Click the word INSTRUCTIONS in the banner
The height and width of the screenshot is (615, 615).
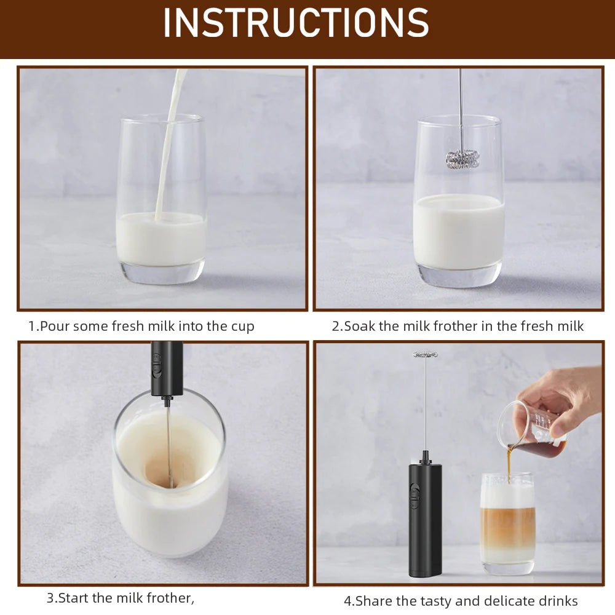pos(296,23)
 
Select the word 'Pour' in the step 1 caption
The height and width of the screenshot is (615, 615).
pos(54,326)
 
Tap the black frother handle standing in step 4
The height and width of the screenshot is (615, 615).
pos(425,523)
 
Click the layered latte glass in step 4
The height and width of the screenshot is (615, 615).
pos(507,523)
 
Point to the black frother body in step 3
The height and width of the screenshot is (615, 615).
pos(167,369)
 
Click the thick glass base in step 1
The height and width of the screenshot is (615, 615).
pos(161,272)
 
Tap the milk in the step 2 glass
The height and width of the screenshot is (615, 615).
pos(459,231)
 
